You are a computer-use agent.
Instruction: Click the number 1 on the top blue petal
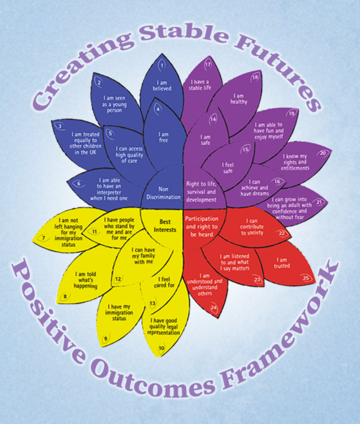pos(162,65)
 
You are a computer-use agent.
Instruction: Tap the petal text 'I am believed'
pos(162,86)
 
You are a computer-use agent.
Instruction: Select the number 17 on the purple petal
pos(207,64)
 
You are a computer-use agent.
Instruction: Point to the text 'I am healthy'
pos(239,99)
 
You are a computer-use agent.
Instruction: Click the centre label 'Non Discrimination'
pos(164,193)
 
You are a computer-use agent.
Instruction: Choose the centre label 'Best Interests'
pos(165,226)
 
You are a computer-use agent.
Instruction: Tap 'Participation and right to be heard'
pos(202,227)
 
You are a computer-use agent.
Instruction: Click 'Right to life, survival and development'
pos(202,192)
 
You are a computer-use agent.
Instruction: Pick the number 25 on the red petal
pos(306,278)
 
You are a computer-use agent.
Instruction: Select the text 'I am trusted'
pos(281,263)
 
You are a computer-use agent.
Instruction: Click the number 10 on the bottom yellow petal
pos(162,348)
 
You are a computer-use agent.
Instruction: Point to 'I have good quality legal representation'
pos(164,327)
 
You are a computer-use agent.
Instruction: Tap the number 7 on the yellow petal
pos(44,238)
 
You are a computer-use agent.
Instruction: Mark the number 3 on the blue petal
pos(60,126)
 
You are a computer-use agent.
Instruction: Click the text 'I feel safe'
pos(228,168)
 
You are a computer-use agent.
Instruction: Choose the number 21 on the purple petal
pos(319,202)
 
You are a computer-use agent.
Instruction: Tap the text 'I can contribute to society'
pos(252,227)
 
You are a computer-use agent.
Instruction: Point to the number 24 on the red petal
pos(214,307)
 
